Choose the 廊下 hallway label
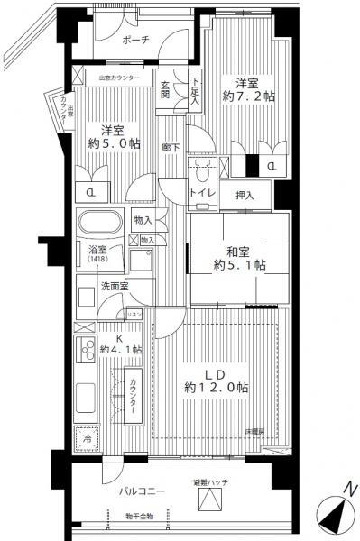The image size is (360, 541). pos(168,146)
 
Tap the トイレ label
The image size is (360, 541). pos(201,193)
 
